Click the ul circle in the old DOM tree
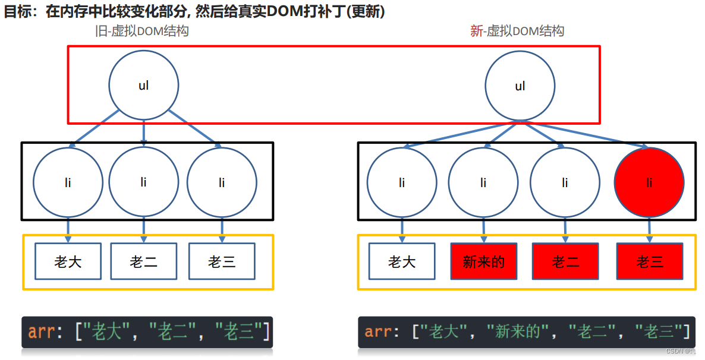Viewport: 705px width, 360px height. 144,85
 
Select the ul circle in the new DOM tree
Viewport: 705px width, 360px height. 520,86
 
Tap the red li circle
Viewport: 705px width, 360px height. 649,182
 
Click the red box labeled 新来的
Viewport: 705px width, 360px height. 484,261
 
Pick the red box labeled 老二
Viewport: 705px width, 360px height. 565,261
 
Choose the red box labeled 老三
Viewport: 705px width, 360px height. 650,261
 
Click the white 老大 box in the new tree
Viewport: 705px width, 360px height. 402,261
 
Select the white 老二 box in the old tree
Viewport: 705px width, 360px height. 144,261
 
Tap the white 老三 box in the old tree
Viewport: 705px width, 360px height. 222,261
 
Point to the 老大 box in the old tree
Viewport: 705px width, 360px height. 68,261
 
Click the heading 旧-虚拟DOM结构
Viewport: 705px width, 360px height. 142,31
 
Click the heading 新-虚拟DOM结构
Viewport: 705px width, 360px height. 517,31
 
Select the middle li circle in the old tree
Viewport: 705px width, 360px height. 144,182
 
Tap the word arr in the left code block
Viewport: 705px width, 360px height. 41,331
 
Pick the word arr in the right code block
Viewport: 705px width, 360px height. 377,331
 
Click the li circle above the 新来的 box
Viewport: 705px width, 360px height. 483,182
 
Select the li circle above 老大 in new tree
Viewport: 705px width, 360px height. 402,182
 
